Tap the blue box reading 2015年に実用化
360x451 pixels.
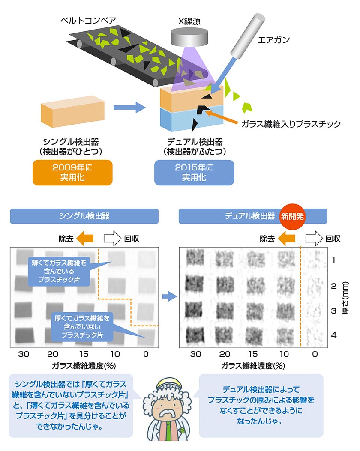(x=194, y=172)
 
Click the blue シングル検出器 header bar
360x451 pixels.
(x=84, y=216)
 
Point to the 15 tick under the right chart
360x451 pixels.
(x=253, y=354)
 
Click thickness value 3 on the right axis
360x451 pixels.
(x=333, y=311)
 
